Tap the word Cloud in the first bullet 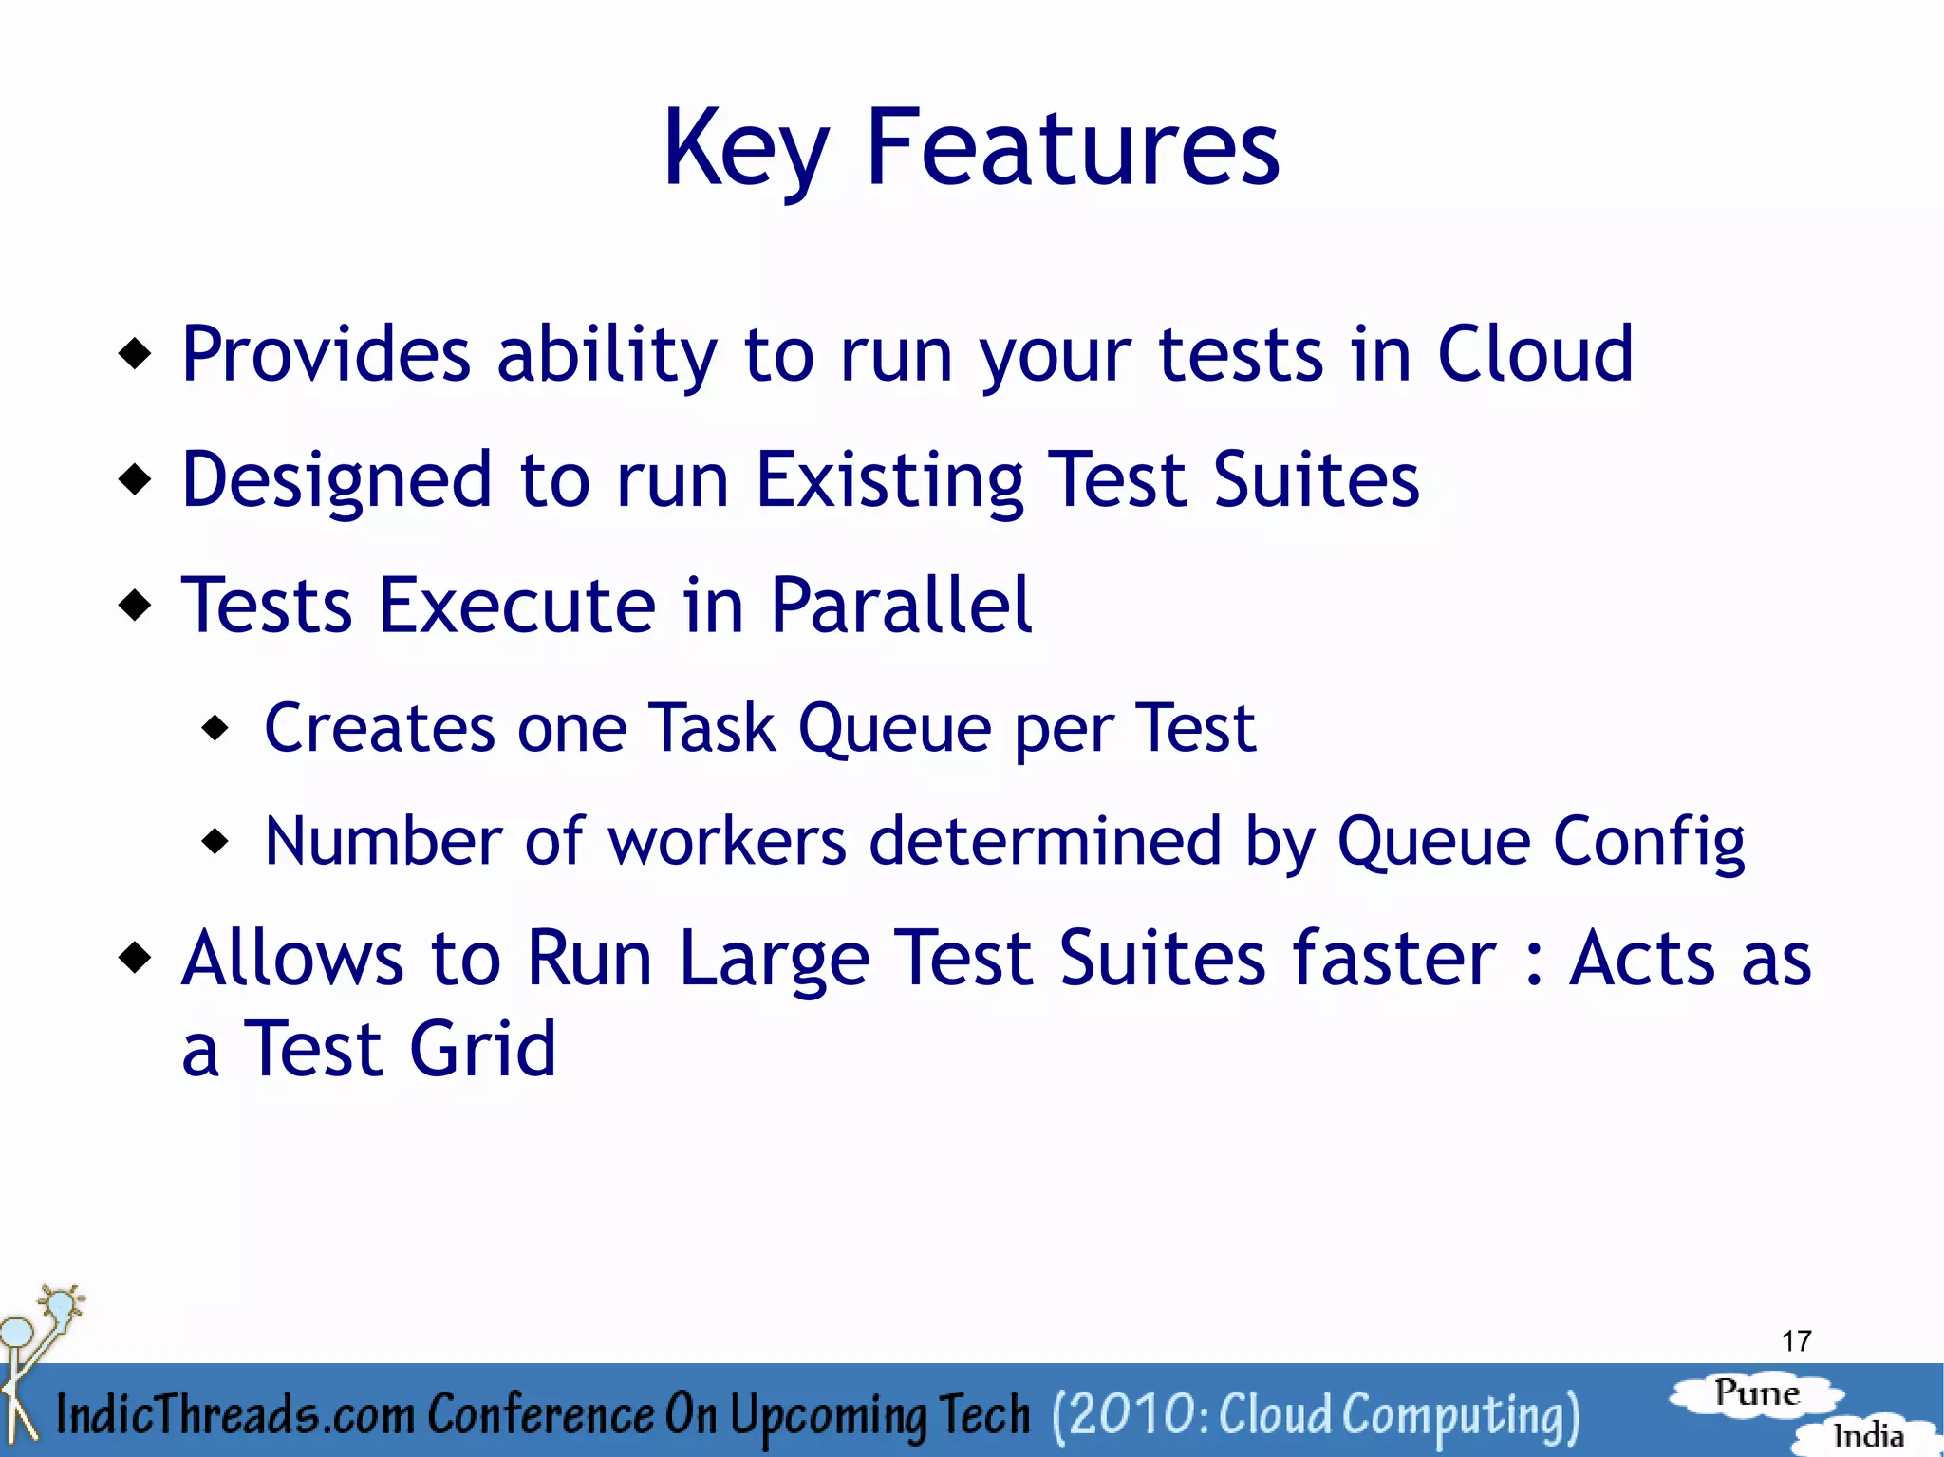point(1535,353)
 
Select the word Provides point(326,353)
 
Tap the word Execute point(517,605)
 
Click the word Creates point(379,728)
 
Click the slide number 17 point(1796,1341)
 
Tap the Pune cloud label point(1757,1393)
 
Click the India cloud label point(1868,1434)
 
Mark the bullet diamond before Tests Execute point(136,604)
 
